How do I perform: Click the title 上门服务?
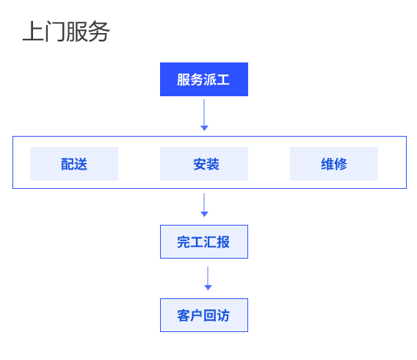pyautogui.click(x=66, y=32)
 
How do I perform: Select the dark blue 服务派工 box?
pyautogui.click(x=204, y=79)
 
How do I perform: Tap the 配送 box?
pyautogui.click(x=74, y=164)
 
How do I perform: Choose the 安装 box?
pyautogui.click(x=204, y=164)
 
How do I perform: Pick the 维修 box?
pyautogui.click(x=334, y=164)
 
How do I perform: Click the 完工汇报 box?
pyautogui.click(x=204, y=242)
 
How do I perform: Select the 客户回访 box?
pyautogui.click(x=204, y=315)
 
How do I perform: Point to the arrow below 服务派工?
pyautogui.click(x=204, y=115)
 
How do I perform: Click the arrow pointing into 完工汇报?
pyautogui.click(x=204, y=205)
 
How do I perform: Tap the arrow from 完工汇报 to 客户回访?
pyautogui.click(x=208, y=278)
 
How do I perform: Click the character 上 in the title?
pyautogui.click(x=33, y=32)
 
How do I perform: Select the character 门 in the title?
pyautogui.click(x=55, y=32)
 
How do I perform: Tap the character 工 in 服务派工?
pyautogui.click(x=223, y=79)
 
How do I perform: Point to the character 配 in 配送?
pyautogui.click(x=68, y=164)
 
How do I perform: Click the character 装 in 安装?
pyautogui.click(x=213, y=164)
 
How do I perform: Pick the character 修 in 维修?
pyautogui.click(x=341, y=164)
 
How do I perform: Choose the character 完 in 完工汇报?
pyautogui.click(x=184, y=242)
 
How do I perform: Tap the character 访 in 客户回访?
pyautogui.click(x=223, y=316)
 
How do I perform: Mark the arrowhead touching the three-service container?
pyautogui.click(x=204, y=129)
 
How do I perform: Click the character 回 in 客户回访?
pyautogui.click(x=210, y=316)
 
